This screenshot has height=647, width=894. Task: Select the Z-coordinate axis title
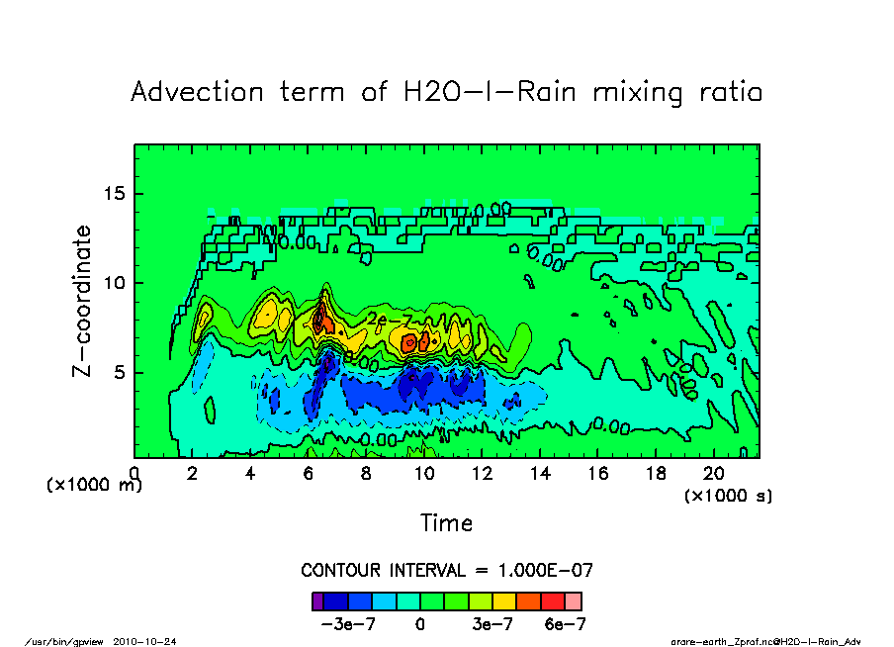[83, 301]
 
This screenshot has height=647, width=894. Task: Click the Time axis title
[446, 523]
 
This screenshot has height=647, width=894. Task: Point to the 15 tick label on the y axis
[115, 193]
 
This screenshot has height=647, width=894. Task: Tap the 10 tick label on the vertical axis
[115, 283]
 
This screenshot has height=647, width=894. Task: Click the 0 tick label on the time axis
[134, 474]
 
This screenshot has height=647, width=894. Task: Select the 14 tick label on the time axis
[539, 474]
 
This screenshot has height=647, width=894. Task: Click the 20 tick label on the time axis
[713, 474]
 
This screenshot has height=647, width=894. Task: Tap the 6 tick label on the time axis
[308, 474]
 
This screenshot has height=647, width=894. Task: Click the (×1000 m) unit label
[94, 486]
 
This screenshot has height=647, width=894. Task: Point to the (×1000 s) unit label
[729, 495]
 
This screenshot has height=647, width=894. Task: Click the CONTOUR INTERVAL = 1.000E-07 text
[446, 571]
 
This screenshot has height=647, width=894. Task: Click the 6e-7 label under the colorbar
[565, 624]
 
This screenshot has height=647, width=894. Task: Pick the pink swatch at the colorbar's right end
[574, 601]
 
